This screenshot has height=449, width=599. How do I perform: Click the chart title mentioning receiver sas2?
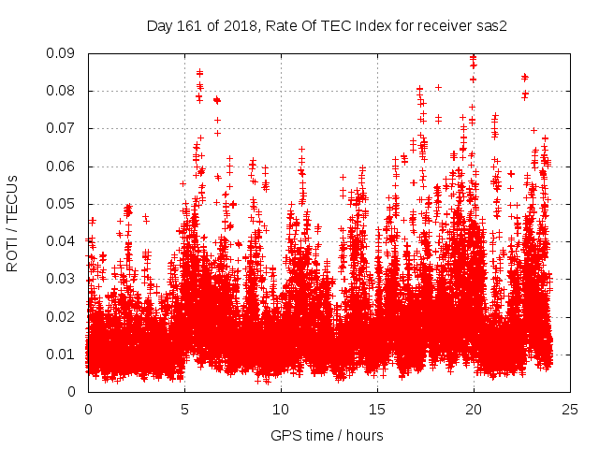[x=327, y=26]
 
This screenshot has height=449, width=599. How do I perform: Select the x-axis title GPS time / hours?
[x=327, y=435]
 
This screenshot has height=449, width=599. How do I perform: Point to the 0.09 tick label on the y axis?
[x=63, y=53]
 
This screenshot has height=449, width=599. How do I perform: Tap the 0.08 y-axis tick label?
[x=63, y=91]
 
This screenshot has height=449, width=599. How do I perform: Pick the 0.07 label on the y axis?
[x=63, y=128]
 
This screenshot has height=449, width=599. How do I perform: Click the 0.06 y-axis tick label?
[x=63, y=167]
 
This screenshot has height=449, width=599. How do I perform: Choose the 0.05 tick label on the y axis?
[x=63, y=204]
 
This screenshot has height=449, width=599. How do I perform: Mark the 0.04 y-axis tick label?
[x=63, y=241]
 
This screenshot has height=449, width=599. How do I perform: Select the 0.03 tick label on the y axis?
[x=63, y=279]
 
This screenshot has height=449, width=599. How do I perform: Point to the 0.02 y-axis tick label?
[x=63, y=316]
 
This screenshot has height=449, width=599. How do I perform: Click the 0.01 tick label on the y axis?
[x=63, y=354]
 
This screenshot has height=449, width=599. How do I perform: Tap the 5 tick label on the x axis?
[x=184, y=409]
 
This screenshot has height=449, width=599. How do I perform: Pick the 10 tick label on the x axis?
[x=281, y=409]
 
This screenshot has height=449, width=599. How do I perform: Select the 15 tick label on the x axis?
[x=377, y=409]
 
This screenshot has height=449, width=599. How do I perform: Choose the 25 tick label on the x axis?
[x=570, y=409]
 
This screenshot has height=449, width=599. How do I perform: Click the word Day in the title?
[x=159, y=26]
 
